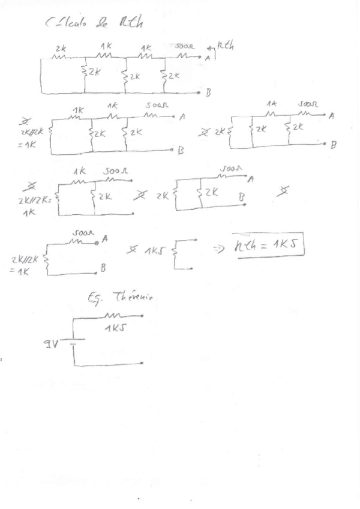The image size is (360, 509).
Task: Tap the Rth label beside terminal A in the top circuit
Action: (225, 44)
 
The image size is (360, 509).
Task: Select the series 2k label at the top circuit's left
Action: (60, 49)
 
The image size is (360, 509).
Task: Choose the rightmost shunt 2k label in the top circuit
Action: (173, 76)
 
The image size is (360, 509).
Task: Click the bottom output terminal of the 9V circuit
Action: (142, 363)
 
